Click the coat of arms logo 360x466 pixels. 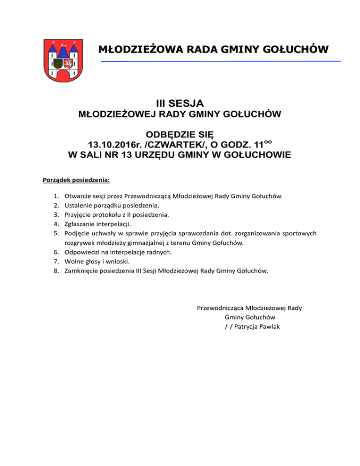coord(63,60)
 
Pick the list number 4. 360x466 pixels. coord(55,224)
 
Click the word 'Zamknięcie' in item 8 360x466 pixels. coord(82,271)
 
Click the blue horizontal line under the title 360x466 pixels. coord(220,61)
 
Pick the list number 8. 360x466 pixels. coord(55,271)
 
